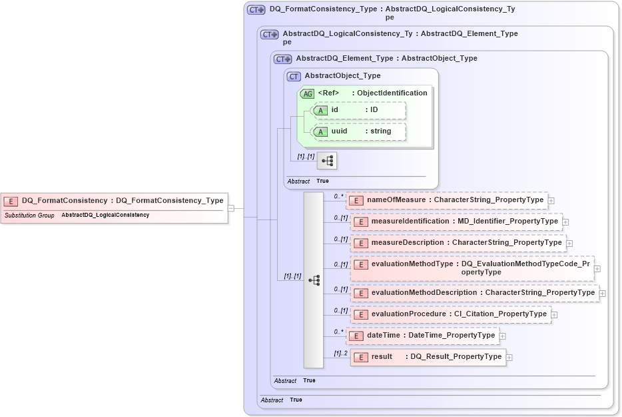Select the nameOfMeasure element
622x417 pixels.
tap(446, 199)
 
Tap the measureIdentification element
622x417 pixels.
tap(456, 222)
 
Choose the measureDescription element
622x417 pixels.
tap(458, 243)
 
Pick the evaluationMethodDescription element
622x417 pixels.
tap(474, 293)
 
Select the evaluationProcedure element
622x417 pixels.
tap(451, 314)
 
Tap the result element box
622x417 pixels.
tap(428, 357)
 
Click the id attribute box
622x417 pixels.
tap(359, 109)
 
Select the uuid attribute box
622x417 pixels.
tap(359, 131)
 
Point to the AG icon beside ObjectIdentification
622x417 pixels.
tap(308, 93)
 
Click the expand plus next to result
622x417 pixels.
tap(509, 358)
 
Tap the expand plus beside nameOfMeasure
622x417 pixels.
tap(551, 200)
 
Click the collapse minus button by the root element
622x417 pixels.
tap(230, 208)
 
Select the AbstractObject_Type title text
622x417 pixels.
tap(342, 76)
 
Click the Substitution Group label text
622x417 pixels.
tap(29, 216)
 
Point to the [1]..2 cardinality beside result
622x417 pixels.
tap(340, 353)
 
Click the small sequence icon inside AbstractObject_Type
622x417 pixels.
tap(327, 161)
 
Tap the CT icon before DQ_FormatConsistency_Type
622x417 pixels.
tap(256, 10)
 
